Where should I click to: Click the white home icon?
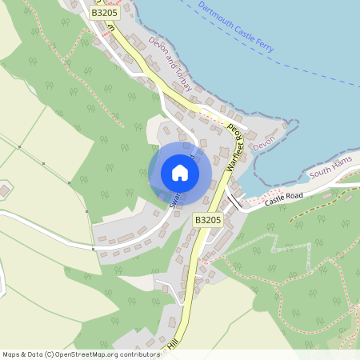coord(180,173)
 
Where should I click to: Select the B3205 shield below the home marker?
coord(207,219)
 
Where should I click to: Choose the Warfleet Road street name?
coord(234,143)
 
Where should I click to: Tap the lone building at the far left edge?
coord(4,190)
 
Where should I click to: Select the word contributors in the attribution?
coord(136,354)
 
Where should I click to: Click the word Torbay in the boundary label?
coord(184,81)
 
